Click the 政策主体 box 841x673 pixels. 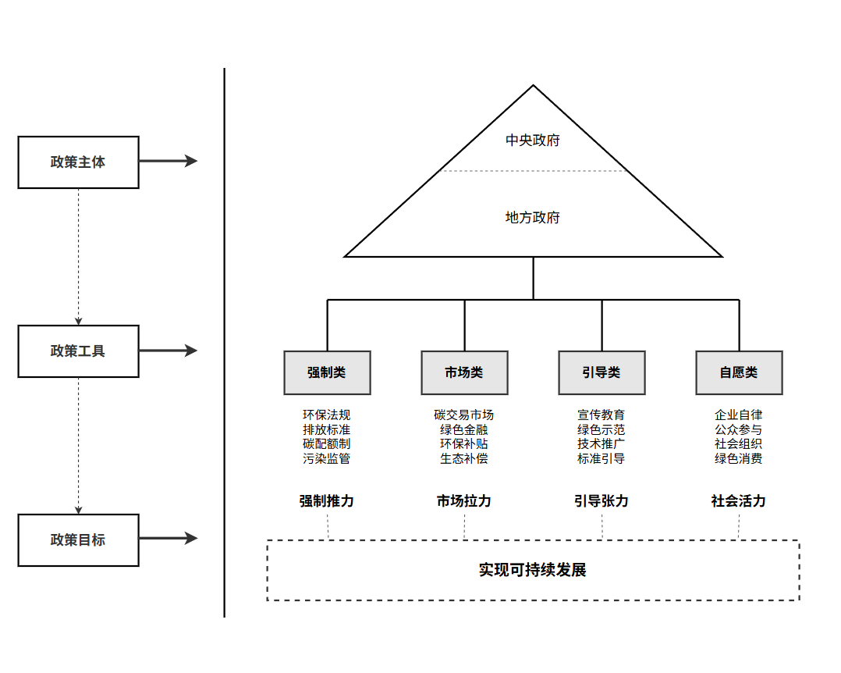[x=78, y=162]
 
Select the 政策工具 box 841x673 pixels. [x=78, y=351]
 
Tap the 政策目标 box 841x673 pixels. [x=78, y=540]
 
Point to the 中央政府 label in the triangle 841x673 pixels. [x=533, y=141]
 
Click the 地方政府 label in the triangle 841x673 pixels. [x=533, y=218]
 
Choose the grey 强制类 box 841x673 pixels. [x=327, y=372]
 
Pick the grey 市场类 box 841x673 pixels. [x=464, y=372]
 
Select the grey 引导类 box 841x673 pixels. [x=601, y=372]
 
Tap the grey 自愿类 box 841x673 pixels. [x=739, y=372]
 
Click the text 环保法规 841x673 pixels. [x=327, y=415]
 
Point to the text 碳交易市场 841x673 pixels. [x=464, y=415]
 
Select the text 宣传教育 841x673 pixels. [x=601, y=415]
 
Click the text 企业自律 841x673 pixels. [x=739, y=415]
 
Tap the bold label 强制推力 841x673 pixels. [x=327, y=501]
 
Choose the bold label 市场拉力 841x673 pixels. [x=464, y=501]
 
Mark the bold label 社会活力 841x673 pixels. [x=739, y=501]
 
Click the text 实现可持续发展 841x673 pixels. [x=533, y=570]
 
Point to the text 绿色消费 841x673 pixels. [x=739, y=459]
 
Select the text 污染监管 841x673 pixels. [x=327, y=459]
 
